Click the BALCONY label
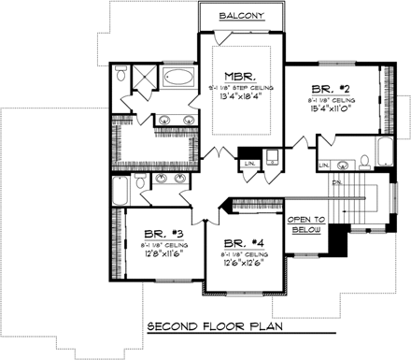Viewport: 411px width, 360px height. pyautogui.click(x=241, y=16)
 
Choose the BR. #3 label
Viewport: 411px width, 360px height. pyautogui.click(x=155, y=235)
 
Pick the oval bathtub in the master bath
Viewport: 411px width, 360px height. pyautogui.click(x=177, y=78)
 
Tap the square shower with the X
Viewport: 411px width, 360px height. pyautogui.click(x=145, y=77)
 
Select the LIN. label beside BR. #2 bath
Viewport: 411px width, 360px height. pyautogui.click(x=324, y=166)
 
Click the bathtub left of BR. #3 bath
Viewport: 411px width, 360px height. pyautogui.click(x=119, y=193)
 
